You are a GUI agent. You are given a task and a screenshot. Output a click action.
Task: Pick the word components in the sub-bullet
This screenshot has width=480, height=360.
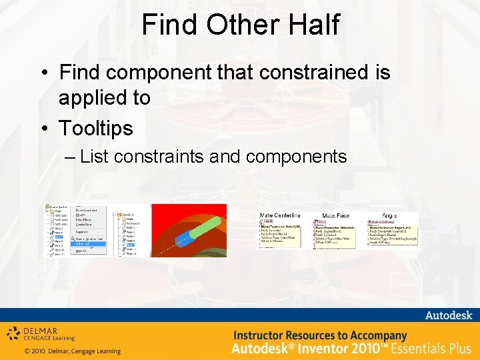coord(297,157)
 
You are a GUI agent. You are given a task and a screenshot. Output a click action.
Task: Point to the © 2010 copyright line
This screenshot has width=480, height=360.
coord(72,351)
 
